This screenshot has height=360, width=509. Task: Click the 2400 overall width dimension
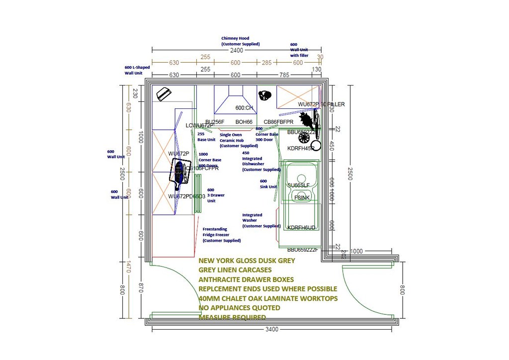click(x=236, y=50)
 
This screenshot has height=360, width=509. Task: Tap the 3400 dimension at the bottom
click(x=271, y=329)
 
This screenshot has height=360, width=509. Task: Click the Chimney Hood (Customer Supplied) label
click(x=240, y=41)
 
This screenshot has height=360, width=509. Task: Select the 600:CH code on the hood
click(x=244, y=108)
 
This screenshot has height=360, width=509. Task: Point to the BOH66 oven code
click(x=244, y=122)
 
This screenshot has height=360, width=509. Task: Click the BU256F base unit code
click(x=215, y=122)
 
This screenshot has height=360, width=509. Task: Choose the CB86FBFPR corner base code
click(x=278, y=122)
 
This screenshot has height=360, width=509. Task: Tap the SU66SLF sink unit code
click(x=298, y=185)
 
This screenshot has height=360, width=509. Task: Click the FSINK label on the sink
click(x=302, y=198)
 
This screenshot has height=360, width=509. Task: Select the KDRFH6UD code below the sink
click(x=301, y=228)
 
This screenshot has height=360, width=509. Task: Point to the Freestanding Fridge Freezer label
click(x=221, y=235)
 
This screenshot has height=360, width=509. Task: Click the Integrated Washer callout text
click(x=261, y=220)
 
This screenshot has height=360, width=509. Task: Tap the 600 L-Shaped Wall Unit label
click(x=137, y=70)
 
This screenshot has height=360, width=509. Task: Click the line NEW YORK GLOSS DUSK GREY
click(x=247, y=261)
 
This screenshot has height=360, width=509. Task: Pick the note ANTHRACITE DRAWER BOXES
click(x=246, y=279)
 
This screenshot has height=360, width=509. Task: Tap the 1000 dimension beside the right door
click(x=356, y=251)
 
